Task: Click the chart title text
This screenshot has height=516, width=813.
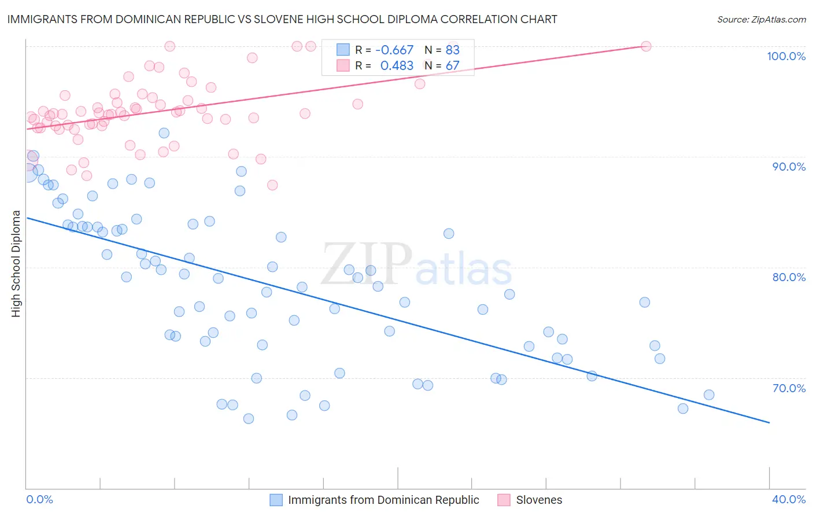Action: pos(282,19)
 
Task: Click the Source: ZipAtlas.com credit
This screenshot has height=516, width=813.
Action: pos(761,20)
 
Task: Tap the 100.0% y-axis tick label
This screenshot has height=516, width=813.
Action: pos(786,56)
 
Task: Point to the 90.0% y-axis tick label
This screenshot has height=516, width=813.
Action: pos(789,167)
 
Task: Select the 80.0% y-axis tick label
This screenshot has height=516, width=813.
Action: pos(789,277)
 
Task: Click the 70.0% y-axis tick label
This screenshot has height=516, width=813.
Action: pos(789,388)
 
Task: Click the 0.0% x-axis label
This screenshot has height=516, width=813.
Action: pos(39,499)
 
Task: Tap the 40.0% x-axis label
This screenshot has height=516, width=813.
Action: pos(789,499)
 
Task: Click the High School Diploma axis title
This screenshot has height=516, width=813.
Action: pos(16,264)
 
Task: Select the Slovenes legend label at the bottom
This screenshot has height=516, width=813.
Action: pos(539,500)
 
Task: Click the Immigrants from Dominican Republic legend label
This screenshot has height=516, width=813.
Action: pos(383,500)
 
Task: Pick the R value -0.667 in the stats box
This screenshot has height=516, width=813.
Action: pos(394,50)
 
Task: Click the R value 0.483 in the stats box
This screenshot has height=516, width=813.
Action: pos(397,66)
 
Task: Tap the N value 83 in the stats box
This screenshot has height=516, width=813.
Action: pos(452,50)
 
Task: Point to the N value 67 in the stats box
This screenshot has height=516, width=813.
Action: pos(452,66)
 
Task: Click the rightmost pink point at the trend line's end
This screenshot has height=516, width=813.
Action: pos(646,46)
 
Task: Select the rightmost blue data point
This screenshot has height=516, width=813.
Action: pos(709,395)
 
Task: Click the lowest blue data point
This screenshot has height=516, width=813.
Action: pos(249,419)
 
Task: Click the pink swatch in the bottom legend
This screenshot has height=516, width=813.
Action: pos(504,500)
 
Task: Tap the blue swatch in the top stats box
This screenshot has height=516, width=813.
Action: pos(343,50)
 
